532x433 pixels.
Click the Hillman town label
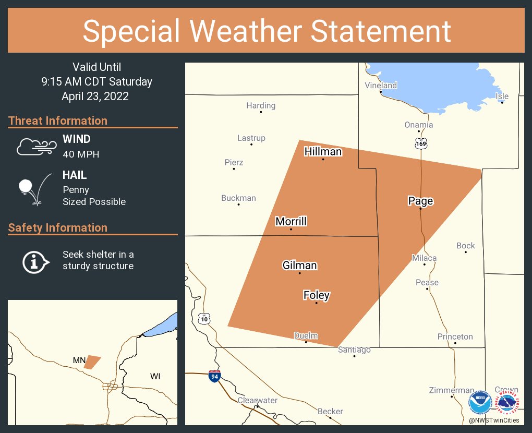tap(323, 152)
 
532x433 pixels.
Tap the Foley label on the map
tap(316, 295)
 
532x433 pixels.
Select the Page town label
tap(420, 201)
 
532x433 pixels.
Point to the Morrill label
tap(291, 222)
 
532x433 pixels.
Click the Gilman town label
tap(299, 266)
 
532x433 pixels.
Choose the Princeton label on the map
tap(455, 336)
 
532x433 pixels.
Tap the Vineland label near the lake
tap(381, 86)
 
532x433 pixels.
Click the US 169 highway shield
tap(421, 143)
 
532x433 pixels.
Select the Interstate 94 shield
tap(214, 376)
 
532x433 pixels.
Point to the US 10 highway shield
tap(203, 318)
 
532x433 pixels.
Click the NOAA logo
tap(480, 402)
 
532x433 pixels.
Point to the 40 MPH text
tap(81, 154)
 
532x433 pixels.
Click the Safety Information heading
tap(58, 227)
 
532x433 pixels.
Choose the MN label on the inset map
tap(79, 360)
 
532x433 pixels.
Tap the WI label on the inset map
tap(155, 376)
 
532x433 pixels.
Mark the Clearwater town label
tap(257, 400)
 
